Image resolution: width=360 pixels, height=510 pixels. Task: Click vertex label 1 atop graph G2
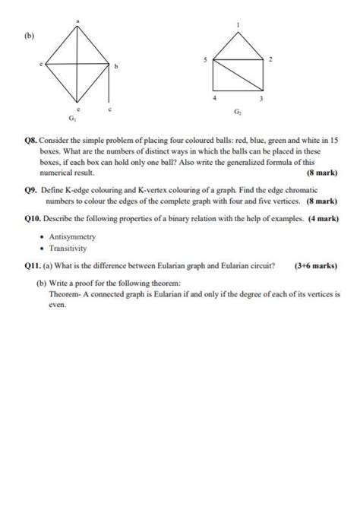[x=238, y=24]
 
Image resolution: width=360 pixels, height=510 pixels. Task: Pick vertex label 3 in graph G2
[x=261, y=98]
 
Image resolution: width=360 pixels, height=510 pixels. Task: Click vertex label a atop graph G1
[x=77, y=16]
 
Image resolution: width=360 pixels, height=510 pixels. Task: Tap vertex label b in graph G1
[x=116, y=68]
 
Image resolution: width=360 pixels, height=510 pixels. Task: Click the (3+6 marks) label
[x=316, y=265]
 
